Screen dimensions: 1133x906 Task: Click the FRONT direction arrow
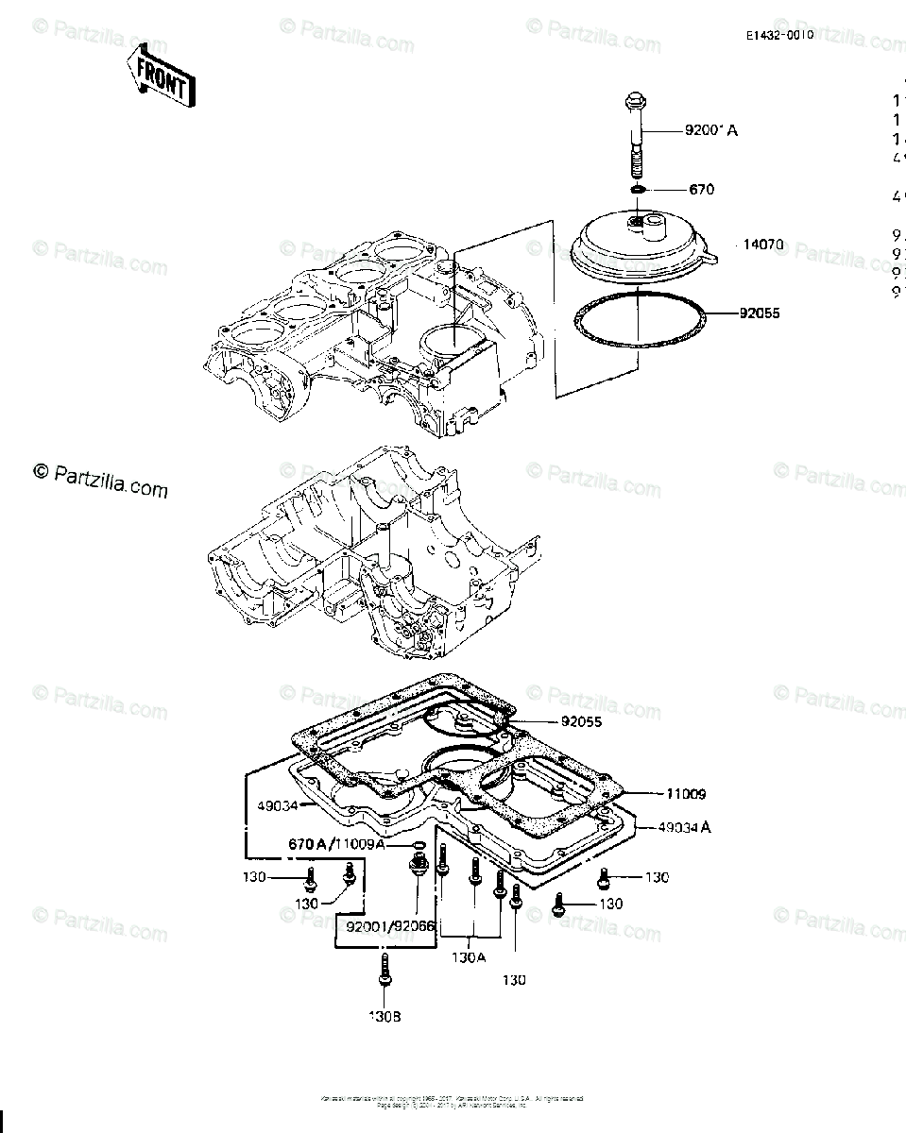click(x=160, y=77)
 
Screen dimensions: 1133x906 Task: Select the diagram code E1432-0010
click(x=778, y=35)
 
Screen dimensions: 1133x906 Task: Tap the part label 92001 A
click(x=711, y=130)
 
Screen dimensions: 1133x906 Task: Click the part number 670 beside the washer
click(x=702, y=190)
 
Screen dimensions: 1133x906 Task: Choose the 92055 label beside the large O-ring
click(x=761, y=310)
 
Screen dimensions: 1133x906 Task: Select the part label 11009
click(x=686, y=795)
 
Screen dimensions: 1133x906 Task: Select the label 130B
click(x=384, y=1016)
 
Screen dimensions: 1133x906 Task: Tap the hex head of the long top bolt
click(x=635, y=103)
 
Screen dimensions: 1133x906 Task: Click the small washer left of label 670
click(x=638, y=191)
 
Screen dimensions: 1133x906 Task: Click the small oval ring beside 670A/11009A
click(x=418, y=844)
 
